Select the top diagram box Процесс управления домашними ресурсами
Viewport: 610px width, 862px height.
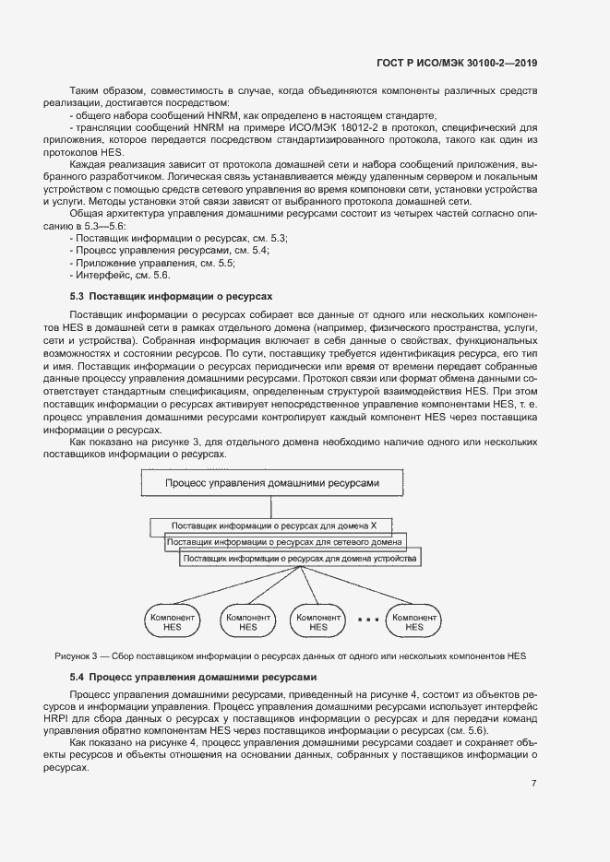(x=271, y=482)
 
